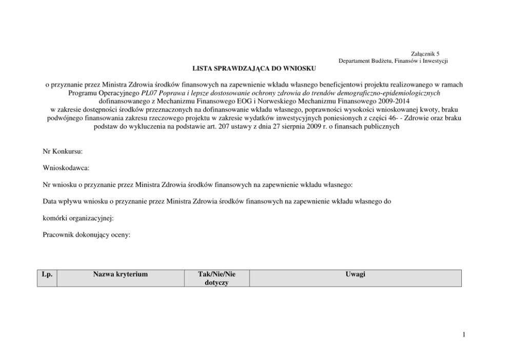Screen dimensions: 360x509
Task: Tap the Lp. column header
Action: (x=46, y=274)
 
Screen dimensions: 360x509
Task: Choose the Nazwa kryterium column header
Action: (x=120, y=274)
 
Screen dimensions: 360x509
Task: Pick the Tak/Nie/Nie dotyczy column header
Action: (x=216, y=278)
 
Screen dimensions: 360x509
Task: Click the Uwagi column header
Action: (x=355, y=274)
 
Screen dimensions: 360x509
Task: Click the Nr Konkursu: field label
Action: (x=63, y=152)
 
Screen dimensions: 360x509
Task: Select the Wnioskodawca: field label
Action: (x=66, y=168)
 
